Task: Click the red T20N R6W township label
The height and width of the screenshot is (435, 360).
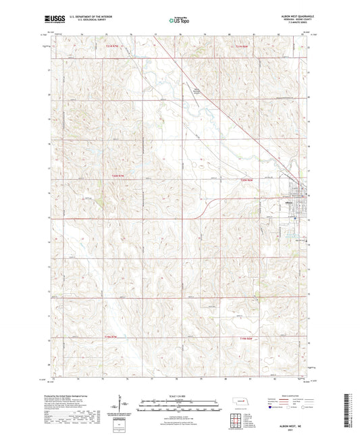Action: pyautogui.click(x=248, y=179)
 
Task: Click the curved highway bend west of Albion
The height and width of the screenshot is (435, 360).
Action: pyautogui.click(x=207, y=205)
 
